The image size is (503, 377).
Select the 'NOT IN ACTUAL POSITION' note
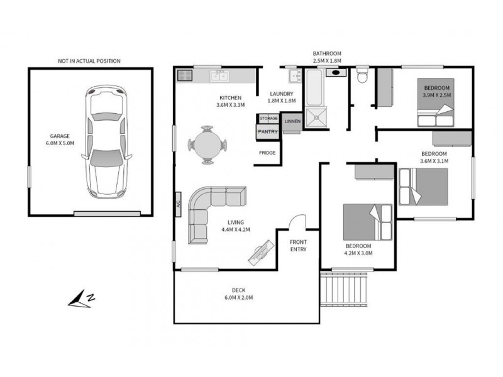coord(89,61)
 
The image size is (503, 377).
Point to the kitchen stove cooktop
coord(185,76)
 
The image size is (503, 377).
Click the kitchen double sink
coord(219,77)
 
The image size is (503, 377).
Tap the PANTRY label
coord(268,131)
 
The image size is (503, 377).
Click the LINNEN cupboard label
coord(292,121)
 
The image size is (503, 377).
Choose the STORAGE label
coord(268,118)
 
